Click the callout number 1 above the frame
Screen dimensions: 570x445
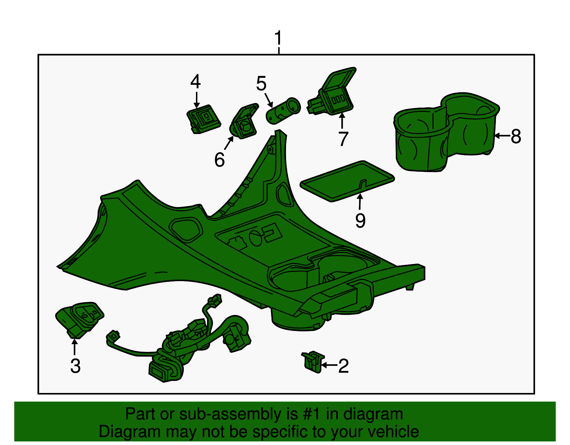coord(278,38)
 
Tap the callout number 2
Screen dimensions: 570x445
coord(343,366)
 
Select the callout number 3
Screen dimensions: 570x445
coord(75,366)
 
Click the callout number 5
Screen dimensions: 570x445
coord(261,83)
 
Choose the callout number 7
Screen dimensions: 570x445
coord(343,139)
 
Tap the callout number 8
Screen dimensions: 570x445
coord(516,136)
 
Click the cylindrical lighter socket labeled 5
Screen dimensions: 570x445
coord(283,111)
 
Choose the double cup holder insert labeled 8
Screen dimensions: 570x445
coord(446,133)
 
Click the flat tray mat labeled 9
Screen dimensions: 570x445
coord(347,181)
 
